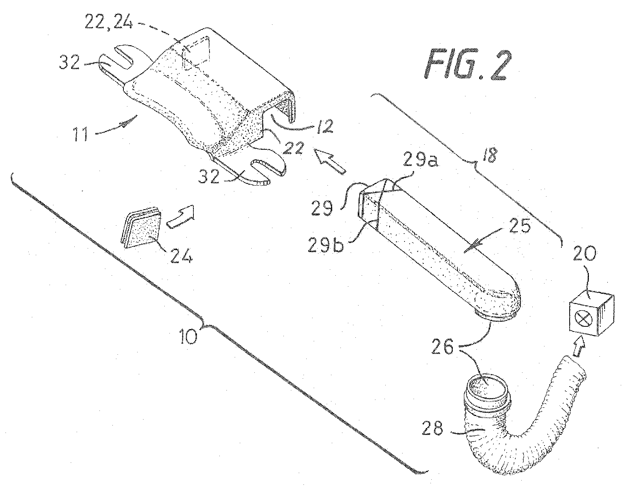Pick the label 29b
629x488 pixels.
pyautogui.click(x=326, y=245)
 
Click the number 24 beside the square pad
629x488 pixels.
pyautogui.click(x=182, y=255)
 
